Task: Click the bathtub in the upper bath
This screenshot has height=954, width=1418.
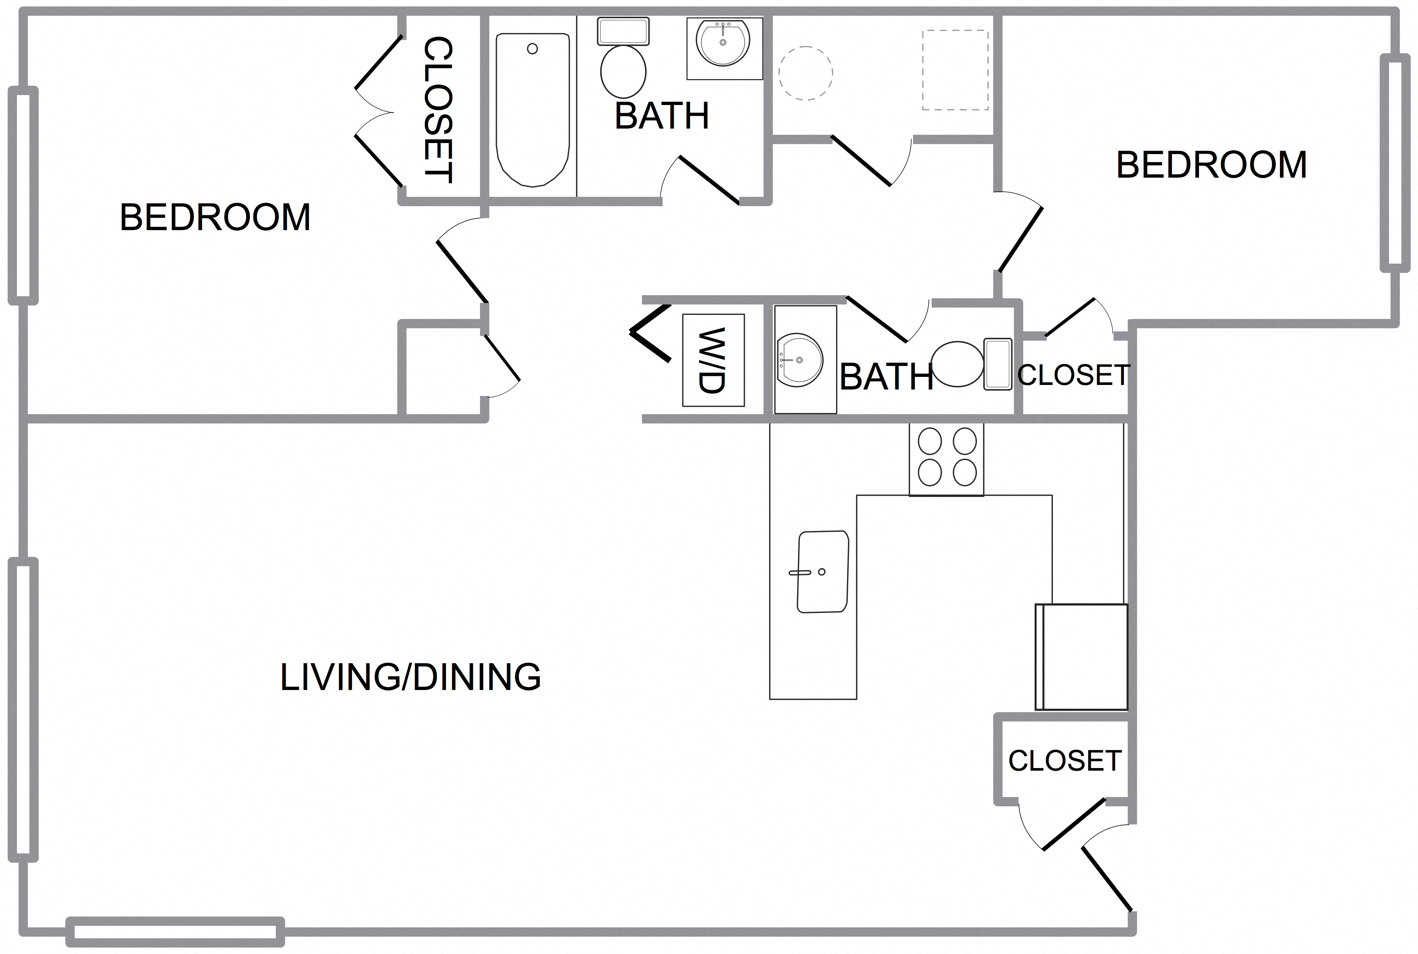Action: point(532,110)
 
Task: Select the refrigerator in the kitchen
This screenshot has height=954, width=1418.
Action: point(1082,657)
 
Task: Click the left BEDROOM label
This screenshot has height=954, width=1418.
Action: point(215,217)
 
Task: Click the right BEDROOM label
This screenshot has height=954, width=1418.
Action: point(1211,165)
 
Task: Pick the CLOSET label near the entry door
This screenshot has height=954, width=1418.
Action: point(1065,760)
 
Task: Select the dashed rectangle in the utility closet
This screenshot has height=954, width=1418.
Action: point(955,70)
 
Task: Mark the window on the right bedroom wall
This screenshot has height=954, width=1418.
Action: point(1395,163)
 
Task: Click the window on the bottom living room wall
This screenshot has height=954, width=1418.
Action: point(175,932)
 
